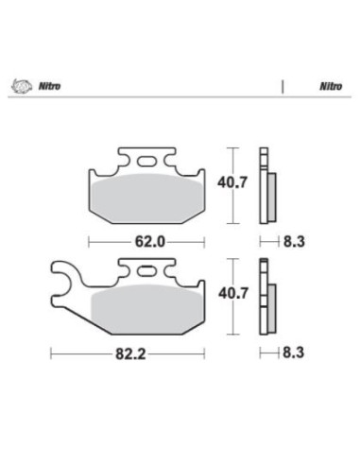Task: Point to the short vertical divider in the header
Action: (x=283, y=84)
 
